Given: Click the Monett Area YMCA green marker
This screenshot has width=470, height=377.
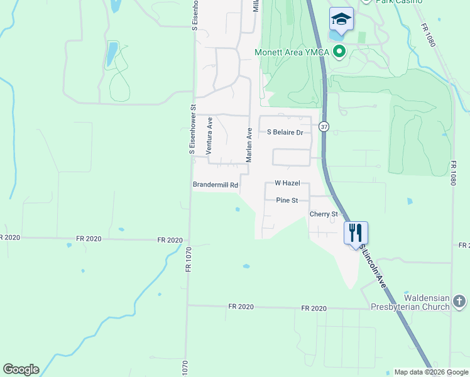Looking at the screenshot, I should click(340, 52).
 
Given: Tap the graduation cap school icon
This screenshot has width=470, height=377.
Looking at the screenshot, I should click(341, 20).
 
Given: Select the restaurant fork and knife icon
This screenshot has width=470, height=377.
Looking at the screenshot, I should click(356, 232).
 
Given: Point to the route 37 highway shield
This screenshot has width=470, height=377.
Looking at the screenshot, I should click(324, 126).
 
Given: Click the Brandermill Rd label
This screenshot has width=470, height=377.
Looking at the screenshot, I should click(215, 185).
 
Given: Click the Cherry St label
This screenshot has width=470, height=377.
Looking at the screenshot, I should click(324, 214).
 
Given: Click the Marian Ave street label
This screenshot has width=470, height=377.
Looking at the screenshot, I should click(249, 145).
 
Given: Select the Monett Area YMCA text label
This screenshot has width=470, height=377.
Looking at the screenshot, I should click(292, 52).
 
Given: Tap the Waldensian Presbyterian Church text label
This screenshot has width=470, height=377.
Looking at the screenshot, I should click(409, 302).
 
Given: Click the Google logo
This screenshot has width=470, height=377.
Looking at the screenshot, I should click(21, 369).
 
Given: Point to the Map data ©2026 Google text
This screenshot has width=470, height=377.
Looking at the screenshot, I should click(430, 372).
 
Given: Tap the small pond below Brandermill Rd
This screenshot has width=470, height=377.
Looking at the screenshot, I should click(237, 209).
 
